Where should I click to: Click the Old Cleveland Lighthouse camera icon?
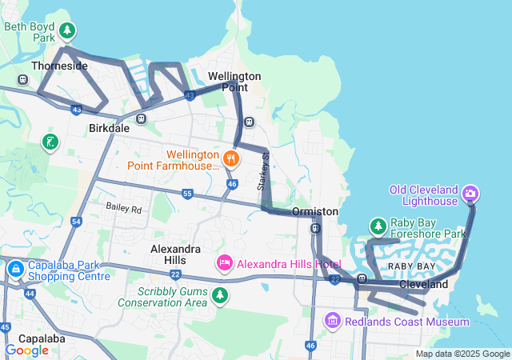tap(470, 194)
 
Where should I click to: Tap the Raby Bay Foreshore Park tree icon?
tap(377, 226)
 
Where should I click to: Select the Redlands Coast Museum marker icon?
tap(332, 321)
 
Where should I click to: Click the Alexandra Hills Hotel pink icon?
tap(225, 262)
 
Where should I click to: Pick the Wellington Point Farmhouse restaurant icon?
tap(230, 158)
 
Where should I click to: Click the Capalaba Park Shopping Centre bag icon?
tap(14, 269)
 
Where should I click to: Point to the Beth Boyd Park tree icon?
tap(68, 31)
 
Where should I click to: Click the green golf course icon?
tap(50, 142)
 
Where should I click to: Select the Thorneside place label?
tap(59, 66)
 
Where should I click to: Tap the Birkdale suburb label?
tap(109, 128)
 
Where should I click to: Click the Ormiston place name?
tap(314, 211)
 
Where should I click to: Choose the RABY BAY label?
tap(412, 266)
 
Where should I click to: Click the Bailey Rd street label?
tap(123, 208)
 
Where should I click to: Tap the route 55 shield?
tap(187, 194)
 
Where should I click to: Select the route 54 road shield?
tap(76, 221)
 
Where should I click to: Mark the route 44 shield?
tap(30, 294)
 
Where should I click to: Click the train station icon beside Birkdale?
tap(142, 118)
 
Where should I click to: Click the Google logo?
tap(26, 350)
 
